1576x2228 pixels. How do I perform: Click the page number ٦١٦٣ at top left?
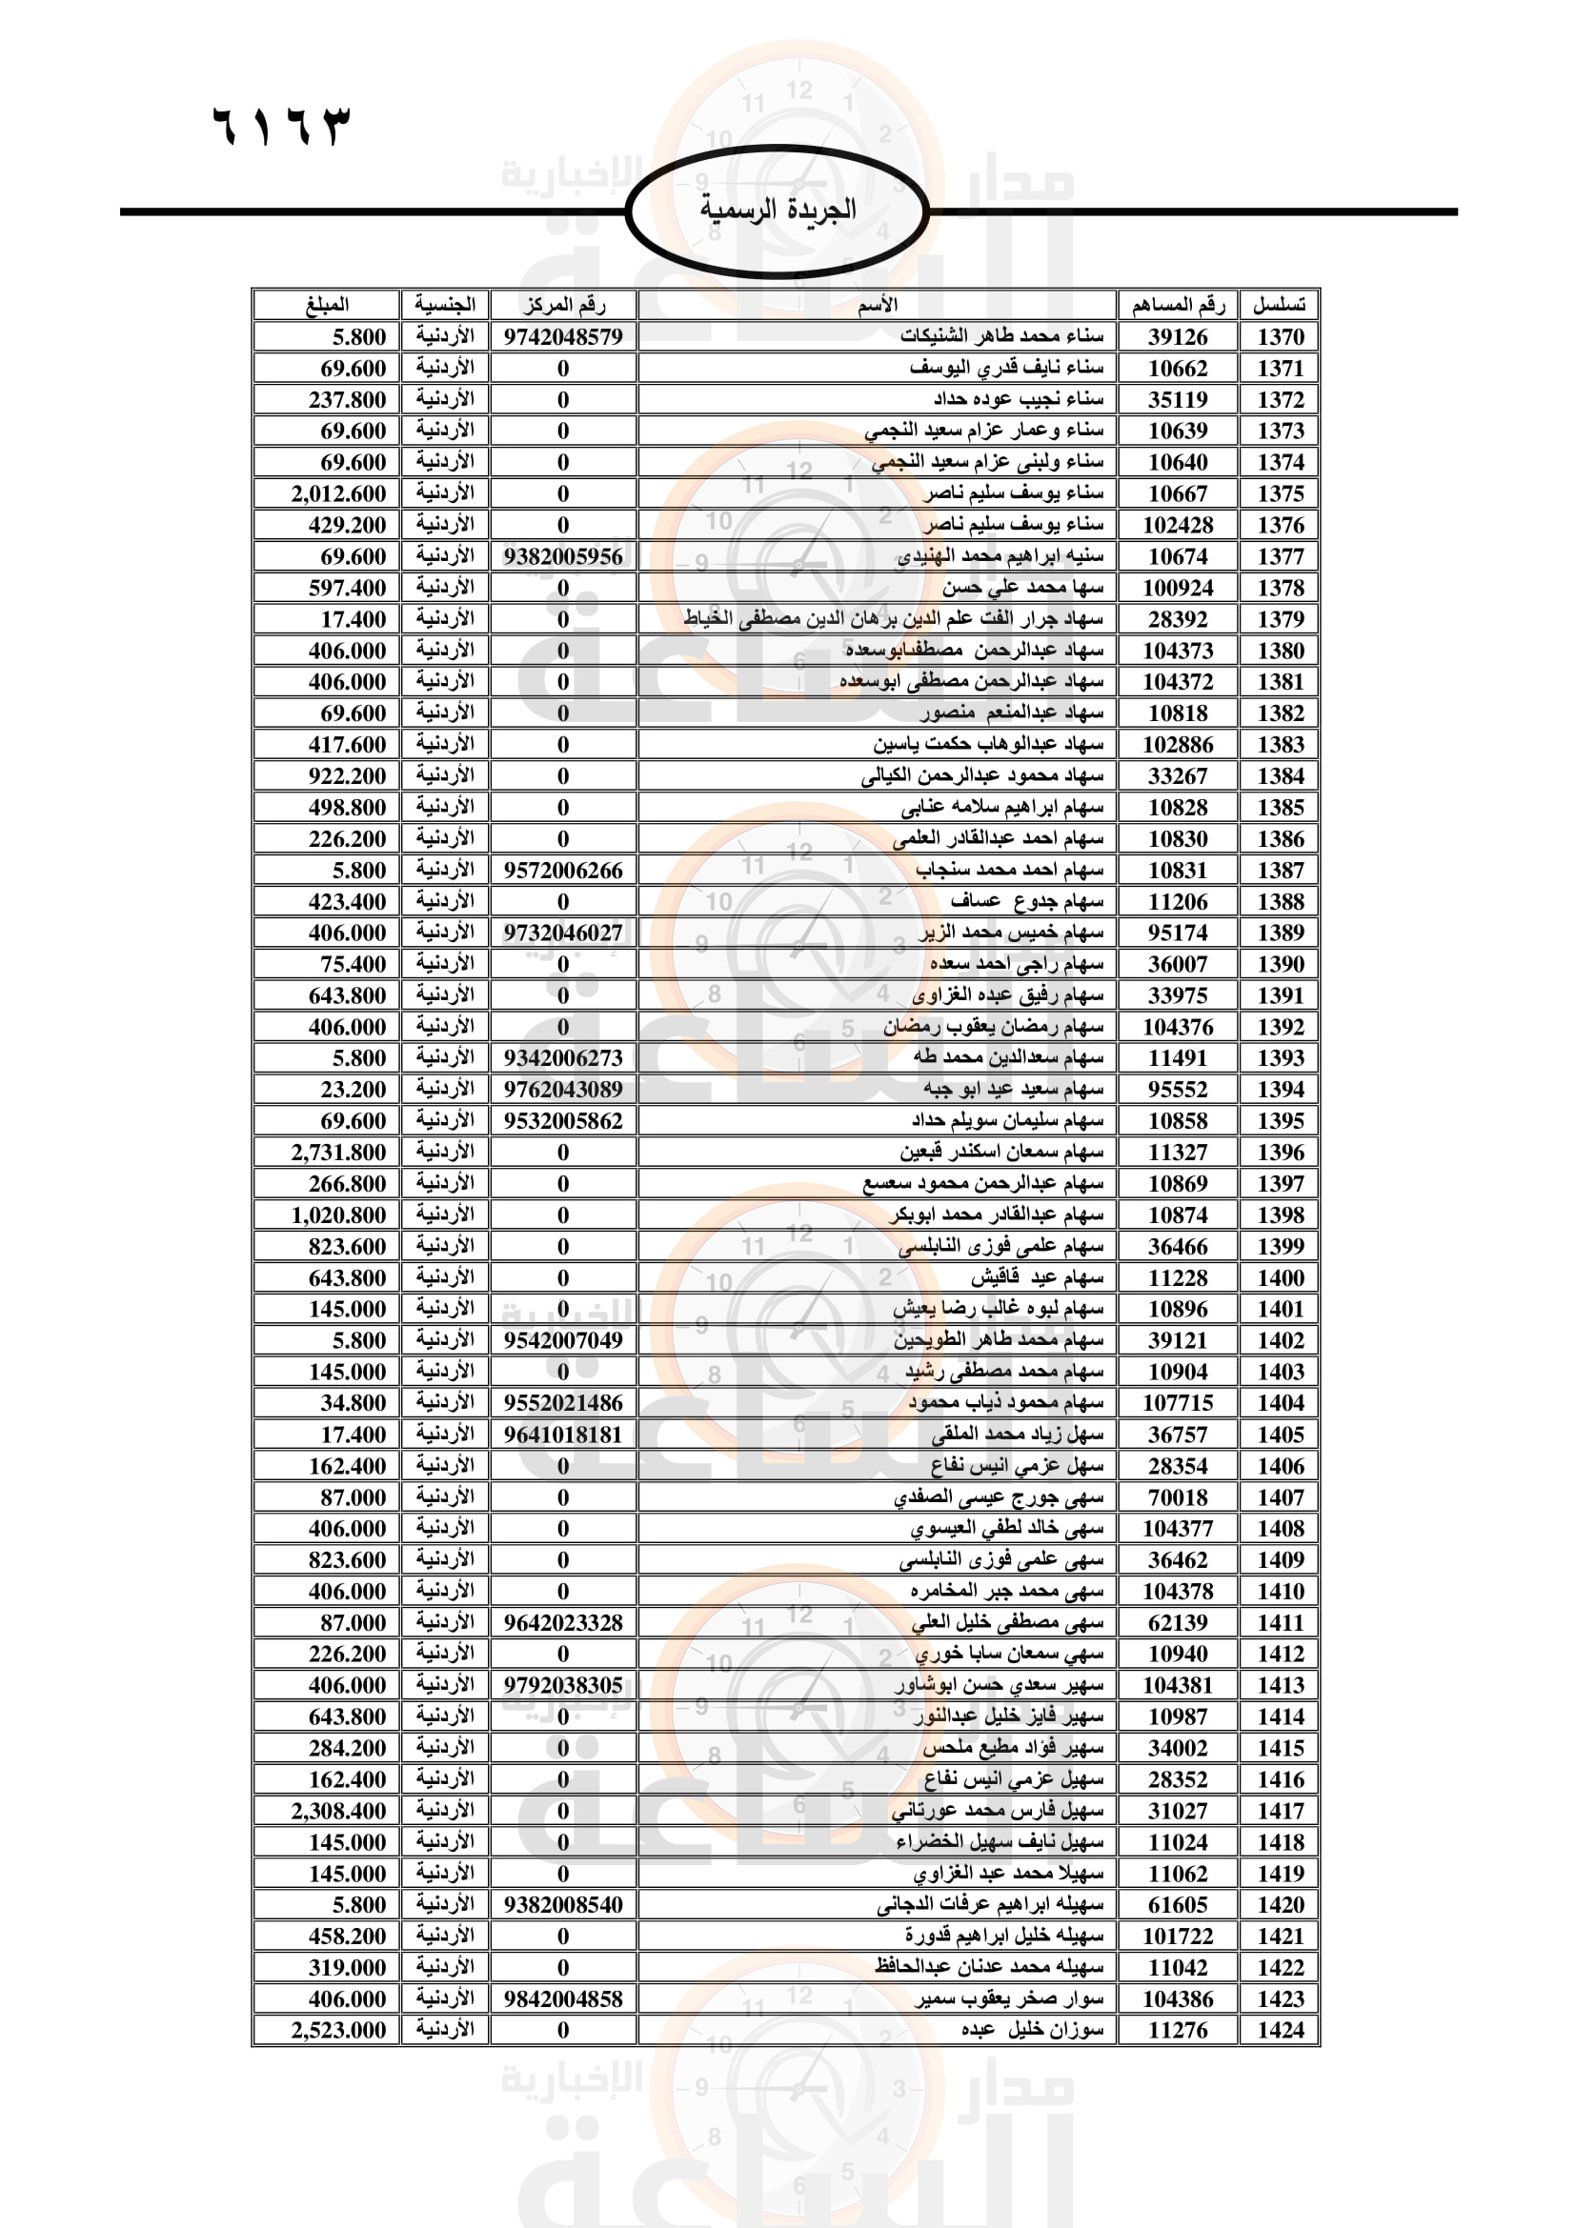tap(280, 126)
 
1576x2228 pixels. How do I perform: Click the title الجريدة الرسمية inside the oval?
tap(778, 210)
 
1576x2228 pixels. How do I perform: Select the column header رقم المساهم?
tap(1177, 305)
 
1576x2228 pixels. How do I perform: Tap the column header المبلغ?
tap(326, 305)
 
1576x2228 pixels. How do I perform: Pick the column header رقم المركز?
tap(563, 305)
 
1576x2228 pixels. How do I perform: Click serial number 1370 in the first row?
tap(1280, 336)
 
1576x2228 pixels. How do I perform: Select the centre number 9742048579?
tap(563, 336)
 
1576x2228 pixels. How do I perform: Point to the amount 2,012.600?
tap(338, 494)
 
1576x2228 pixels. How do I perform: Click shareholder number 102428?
tap(1177, 525)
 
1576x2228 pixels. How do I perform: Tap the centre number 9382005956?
tap(563, 556)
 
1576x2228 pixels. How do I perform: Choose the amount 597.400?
tap(348, 588)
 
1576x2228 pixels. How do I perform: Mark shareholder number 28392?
tap(1177, 619)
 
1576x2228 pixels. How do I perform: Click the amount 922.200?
tap(348, 776)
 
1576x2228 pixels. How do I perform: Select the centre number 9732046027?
tap(563, 933)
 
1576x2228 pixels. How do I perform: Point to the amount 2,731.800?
tap(338, 1152)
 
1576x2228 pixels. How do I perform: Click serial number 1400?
tap(1280, 1278)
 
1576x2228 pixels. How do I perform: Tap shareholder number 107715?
tap(1177, 1403)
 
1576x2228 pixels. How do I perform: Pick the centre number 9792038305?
tap(563, 1686)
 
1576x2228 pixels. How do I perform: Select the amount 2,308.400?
tap(338, 1811)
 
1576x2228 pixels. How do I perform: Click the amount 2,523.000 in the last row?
tap(338, 2030)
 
